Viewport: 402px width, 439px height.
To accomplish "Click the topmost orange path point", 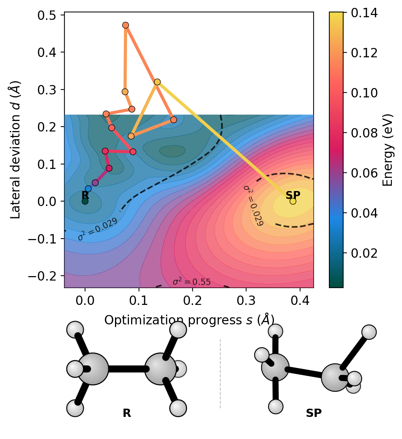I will [126, 25].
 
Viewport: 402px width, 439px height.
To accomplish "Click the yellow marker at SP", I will [293, 201].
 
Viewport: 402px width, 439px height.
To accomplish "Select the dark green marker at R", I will [85, 201].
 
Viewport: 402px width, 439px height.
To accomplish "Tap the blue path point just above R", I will [88, 189].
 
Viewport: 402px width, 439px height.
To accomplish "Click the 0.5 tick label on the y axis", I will [47, 15].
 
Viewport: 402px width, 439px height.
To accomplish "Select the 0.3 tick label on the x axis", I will [246, 300].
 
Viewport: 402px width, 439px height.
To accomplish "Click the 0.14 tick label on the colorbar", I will [364, 13].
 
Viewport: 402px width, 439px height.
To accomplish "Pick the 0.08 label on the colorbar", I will [364, 133].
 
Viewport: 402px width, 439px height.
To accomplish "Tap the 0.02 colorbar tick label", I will [364, 253].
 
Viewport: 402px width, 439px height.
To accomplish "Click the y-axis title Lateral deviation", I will [15, 150].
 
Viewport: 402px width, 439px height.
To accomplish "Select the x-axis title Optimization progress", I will [189, 320].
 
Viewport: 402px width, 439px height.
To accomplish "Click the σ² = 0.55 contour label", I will [191, 282].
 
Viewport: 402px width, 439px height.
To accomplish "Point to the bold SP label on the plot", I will [293, 195].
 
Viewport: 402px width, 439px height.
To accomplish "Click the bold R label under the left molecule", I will [127, 413].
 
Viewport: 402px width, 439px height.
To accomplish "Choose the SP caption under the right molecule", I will [314, 413].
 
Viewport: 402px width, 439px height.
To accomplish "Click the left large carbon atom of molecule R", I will [93, 369].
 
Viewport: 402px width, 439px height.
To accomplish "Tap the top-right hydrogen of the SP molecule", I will [369, 332].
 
